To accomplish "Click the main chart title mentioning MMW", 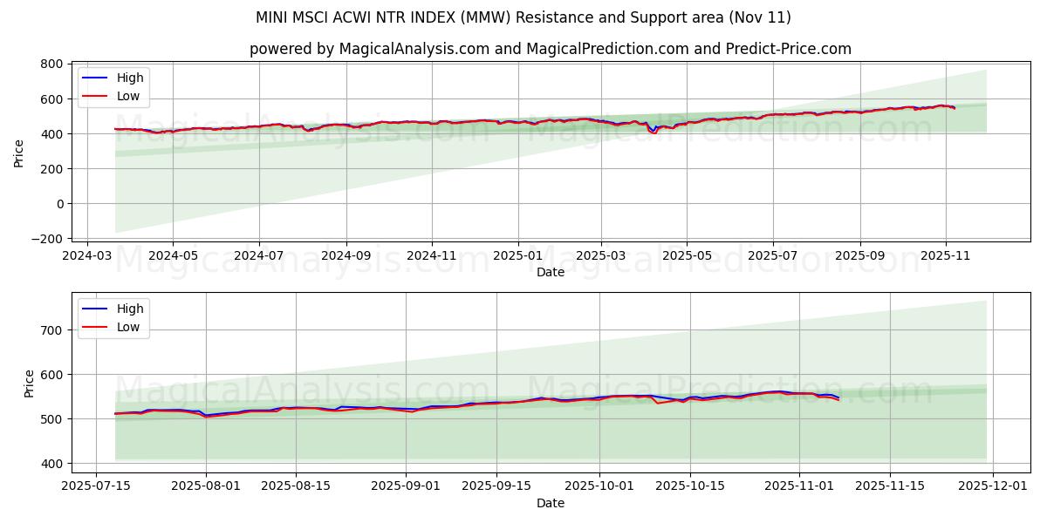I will (523, 17).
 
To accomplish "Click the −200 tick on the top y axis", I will (45, 239).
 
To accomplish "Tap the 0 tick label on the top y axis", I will (58, 204).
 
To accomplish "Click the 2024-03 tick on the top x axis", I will (86, 255).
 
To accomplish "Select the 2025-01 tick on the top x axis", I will (518, 255).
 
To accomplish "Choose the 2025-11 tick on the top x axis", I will (946, 255).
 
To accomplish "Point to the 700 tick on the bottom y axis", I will (51, 330).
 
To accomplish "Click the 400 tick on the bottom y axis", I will (51, 464).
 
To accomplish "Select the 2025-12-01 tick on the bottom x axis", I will (993, 486).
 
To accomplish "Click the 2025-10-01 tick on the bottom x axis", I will (599, 486).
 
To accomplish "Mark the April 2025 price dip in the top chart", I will (652, 132).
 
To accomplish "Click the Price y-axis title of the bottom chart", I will (30, 384).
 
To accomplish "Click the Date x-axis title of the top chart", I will (550, 272).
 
